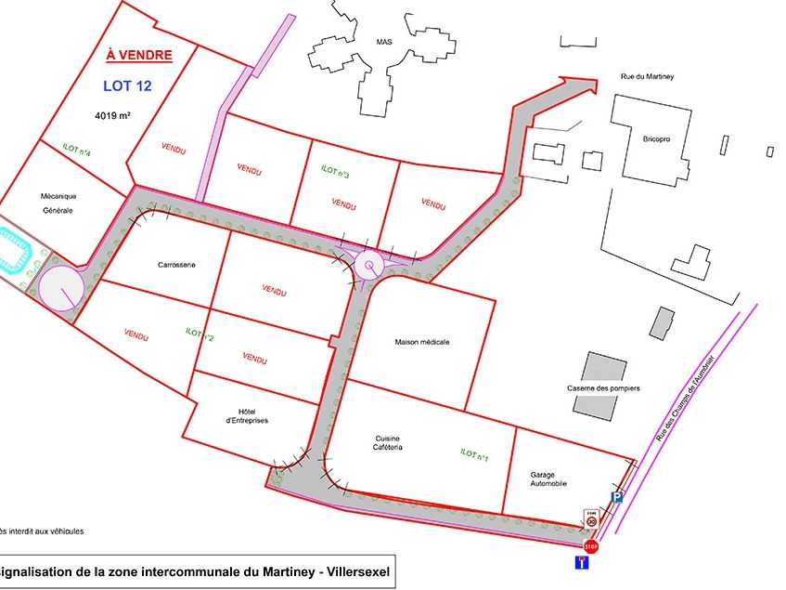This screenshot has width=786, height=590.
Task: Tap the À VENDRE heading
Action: [139, 55]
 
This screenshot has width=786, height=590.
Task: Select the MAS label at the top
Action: [384, 42]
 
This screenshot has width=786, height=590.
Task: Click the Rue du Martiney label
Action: [647, 80]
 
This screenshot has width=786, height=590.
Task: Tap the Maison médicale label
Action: [422, 342]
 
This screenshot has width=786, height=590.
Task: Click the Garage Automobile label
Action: [548, 478]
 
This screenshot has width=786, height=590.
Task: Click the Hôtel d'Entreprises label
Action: [246, 416]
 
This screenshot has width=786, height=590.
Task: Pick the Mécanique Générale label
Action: [57, 203]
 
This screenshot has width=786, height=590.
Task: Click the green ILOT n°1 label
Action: [474, 453]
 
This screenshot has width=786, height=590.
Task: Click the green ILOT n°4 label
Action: [76, 149]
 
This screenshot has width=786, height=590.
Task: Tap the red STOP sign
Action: [591, 546]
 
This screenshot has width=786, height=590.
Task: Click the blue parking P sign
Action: [616, 499]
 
